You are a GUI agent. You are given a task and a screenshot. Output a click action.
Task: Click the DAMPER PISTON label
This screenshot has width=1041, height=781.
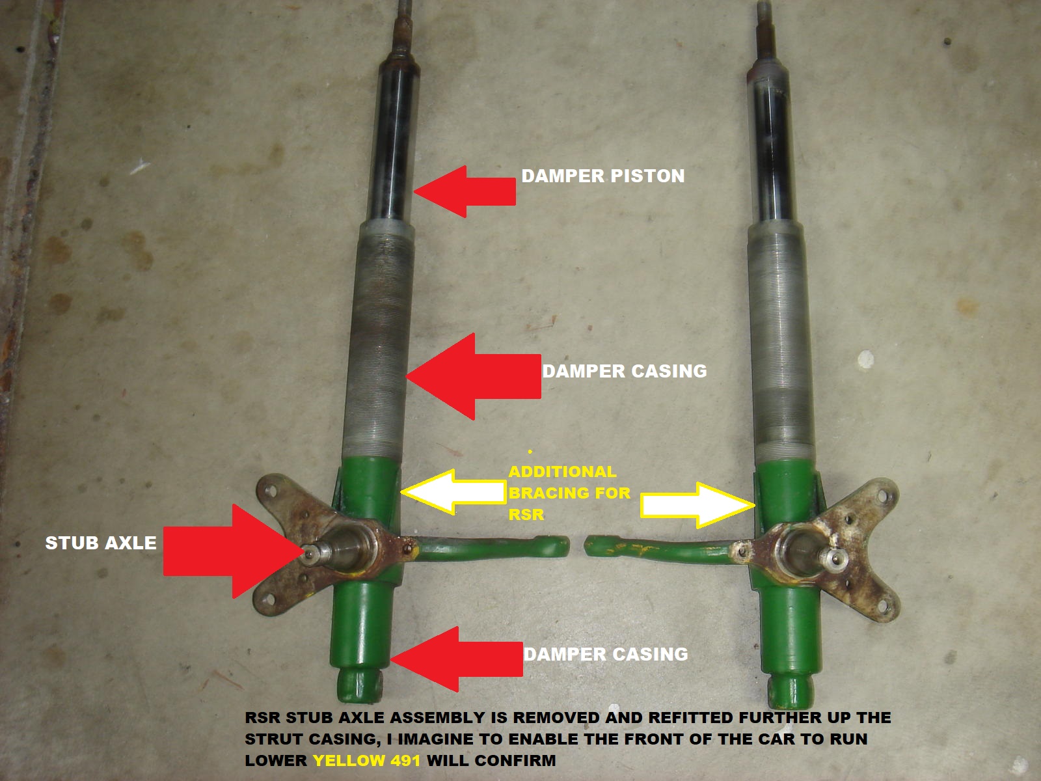point(602,176)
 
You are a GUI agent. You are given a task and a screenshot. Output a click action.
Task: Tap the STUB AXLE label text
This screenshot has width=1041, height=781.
point(101,543)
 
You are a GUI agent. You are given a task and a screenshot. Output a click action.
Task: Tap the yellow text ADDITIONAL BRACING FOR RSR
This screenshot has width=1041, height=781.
point(569,493)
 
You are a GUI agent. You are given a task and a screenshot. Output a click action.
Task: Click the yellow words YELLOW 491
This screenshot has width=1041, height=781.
point(366,760)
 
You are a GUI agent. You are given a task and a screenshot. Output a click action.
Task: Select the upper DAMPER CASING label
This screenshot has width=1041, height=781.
point(625,371)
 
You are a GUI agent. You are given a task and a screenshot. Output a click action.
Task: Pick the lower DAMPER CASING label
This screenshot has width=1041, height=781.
point(606,654)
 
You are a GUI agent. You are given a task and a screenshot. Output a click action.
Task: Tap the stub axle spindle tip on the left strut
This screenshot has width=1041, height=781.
point(312,553)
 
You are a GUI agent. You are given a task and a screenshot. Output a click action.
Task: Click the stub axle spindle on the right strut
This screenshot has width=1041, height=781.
point(829,555)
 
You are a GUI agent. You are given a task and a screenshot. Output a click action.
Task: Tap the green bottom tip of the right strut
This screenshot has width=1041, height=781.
point(789,690)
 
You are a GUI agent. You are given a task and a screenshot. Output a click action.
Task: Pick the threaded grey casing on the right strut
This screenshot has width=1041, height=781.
point(781,338)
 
